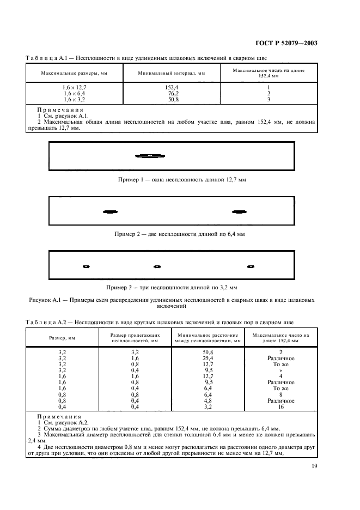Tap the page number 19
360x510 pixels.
(314, 466)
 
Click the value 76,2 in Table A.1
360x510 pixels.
(172, 93)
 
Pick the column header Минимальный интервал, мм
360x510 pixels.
(172, 73)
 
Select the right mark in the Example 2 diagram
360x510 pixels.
(239, 211)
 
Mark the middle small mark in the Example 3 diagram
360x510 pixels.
(157, 266)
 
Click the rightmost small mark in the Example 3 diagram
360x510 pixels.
(251, 266)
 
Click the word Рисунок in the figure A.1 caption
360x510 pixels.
(40, 300)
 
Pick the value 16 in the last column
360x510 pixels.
(280, 406)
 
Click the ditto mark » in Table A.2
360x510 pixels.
(280, 370)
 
